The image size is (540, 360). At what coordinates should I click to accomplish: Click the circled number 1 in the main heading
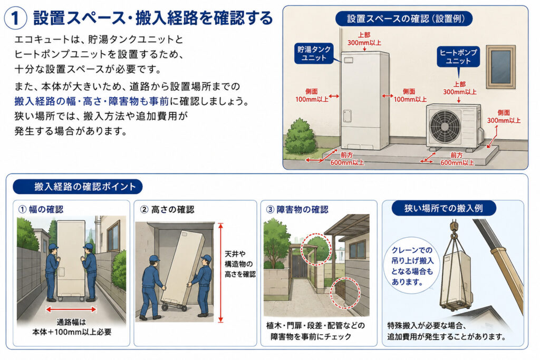coord(15,18)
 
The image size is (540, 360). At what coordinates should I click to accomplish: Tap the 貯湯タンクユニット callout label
coord(314,54)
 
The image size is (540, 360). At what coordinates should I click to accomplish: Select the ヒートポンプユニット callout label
coord(458,57)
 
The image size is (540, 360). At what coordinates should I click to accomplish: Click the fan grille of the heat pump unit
coord(445,126)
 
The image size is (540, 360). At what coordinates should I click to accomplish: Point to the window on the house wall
coord(501,67)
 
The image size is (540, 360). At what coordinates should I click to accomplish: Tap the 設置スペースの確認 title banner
coord(404,18)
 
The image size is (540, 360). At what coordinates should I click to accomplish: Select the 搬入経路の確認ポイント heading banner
coord(78,187)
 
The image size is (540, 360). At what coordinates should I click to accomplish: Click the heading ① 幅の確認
coord(41,209)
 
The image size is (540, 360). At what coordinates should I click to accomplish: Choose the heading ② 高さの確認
coord(168,209)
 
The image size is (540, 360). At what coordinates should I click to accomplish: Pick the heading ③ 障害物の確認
coord(297,209)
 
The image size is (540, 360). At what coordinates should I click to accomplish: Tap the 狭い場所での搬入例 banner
coord(443,208)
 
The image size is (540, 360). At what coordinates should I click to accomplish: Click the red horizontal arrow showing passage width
coord(71,309)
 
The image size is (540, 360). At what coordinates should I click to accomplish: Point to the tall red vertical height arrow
coord(221,273)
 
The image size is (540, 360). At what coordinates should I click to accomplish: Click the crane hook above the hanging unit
coord(454,230)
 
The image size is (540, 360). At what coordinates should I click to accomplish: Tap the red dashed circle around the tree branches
coord(316,249)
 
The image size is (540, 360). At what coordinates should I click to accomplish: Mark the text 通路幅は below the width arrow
coord(71,323)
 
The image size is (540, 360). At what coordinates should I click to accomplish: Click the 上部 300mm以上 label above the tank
coord(364,39)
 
